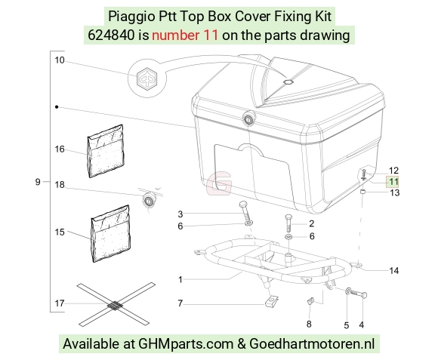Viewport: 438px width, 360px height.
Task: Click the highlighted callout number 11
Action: (x=393, y=182)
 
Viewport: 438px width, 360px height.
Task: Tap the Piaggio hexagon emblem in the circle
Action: (x=147, y=78)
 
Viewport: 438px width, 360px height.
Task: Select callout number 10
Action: (x=60, y=60)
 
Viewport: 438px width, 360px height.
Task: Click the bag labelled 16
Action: (x=106, y=151)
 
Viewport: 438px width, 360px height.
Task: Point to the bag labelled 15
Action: (x=111, y=234)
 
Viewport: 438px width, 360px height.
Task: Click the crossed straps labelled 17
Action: (x=115, y=305)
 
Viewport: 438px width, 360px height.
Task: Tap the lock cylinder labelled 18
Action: (x=149, y=199)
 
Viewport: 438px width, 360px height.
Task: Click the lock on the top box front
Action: (x=248, y=119)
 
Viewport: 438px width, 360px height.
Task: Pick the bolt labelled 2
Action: (x=288, y=223)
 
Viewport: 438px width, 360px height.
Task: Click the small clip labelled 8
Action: (x=310, y=301)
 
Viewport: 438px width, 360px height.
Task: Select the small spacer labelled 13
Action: (x=362, y=192)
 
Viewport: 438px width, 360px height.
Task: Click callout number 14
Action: (x=394, y=270)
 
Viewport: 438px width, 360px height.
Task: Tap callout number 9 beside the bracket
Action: (x=38, y=182)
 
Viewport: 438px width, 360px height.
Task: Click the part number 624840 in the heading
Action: (x=111, y=35)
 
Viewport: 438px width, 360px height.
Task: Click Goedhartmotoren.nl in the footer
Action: (x=312, y=343)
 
